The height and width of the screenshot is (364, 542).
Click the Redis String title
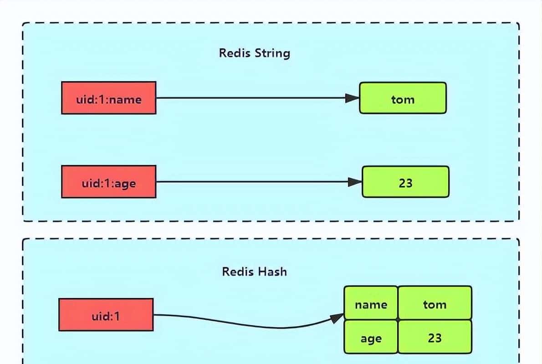click(254, 53)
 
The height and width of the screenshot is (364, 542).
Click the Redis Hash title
click(254, 272)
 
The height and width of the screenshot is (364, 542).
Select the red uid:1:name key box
click(109, 98)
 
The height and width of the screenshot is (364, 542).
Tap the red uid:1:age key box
click(109, 182)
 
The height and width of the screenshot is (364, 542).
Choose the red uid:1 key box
click(106, 315)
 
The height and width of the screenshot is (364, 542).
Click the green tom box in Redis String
click(403, 98)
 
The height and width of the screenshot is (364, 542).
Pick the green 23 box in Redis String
click(405, 182)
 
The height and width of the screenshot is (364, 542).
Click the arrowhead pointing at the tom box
click(352, 98)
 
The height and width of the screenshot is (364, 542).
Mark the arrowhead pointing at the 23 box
click(354, 182)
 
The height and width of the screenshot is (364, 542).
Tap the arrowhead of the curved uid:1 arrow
click(337, 318)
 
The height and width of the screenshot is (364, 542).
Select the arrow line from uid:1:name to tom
click(251, 98)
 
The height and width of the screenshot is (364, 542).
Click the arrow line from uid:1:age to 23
click(251, 182)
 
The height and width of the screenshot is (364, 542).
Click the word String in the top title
click(272, 53)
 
